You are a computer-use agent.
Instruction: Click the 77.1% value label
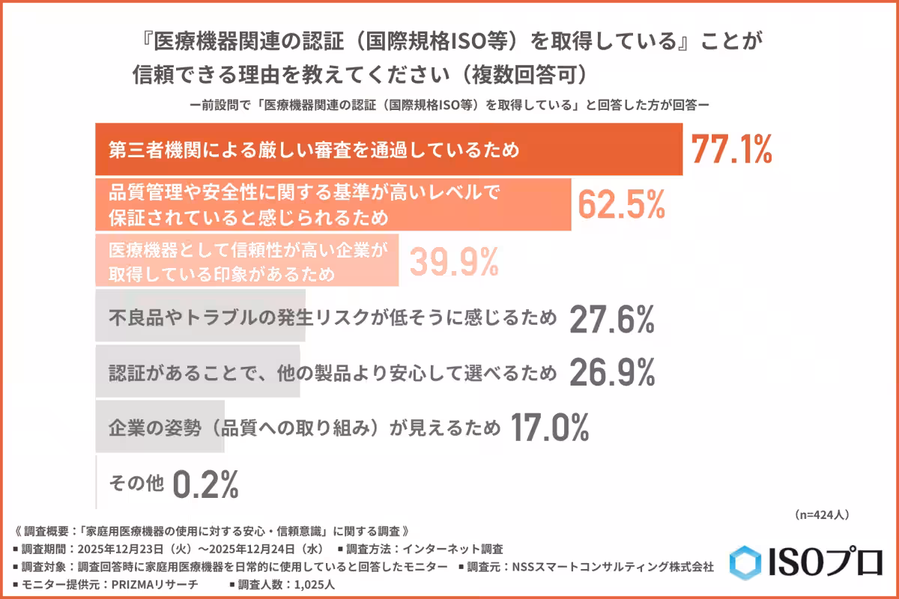tap(730, 150)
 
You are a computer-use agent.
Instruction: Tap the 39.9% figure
tap(453, 261)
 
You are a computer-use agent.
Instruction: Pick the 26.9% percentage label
tap(612, 372)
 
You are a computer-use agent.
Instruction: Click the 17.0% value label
tap(549, 428)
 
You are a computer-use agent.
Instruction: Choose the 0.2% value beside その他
tap(205, 484)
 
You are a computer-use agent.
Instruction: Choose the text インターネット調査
tap(465, 549)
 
